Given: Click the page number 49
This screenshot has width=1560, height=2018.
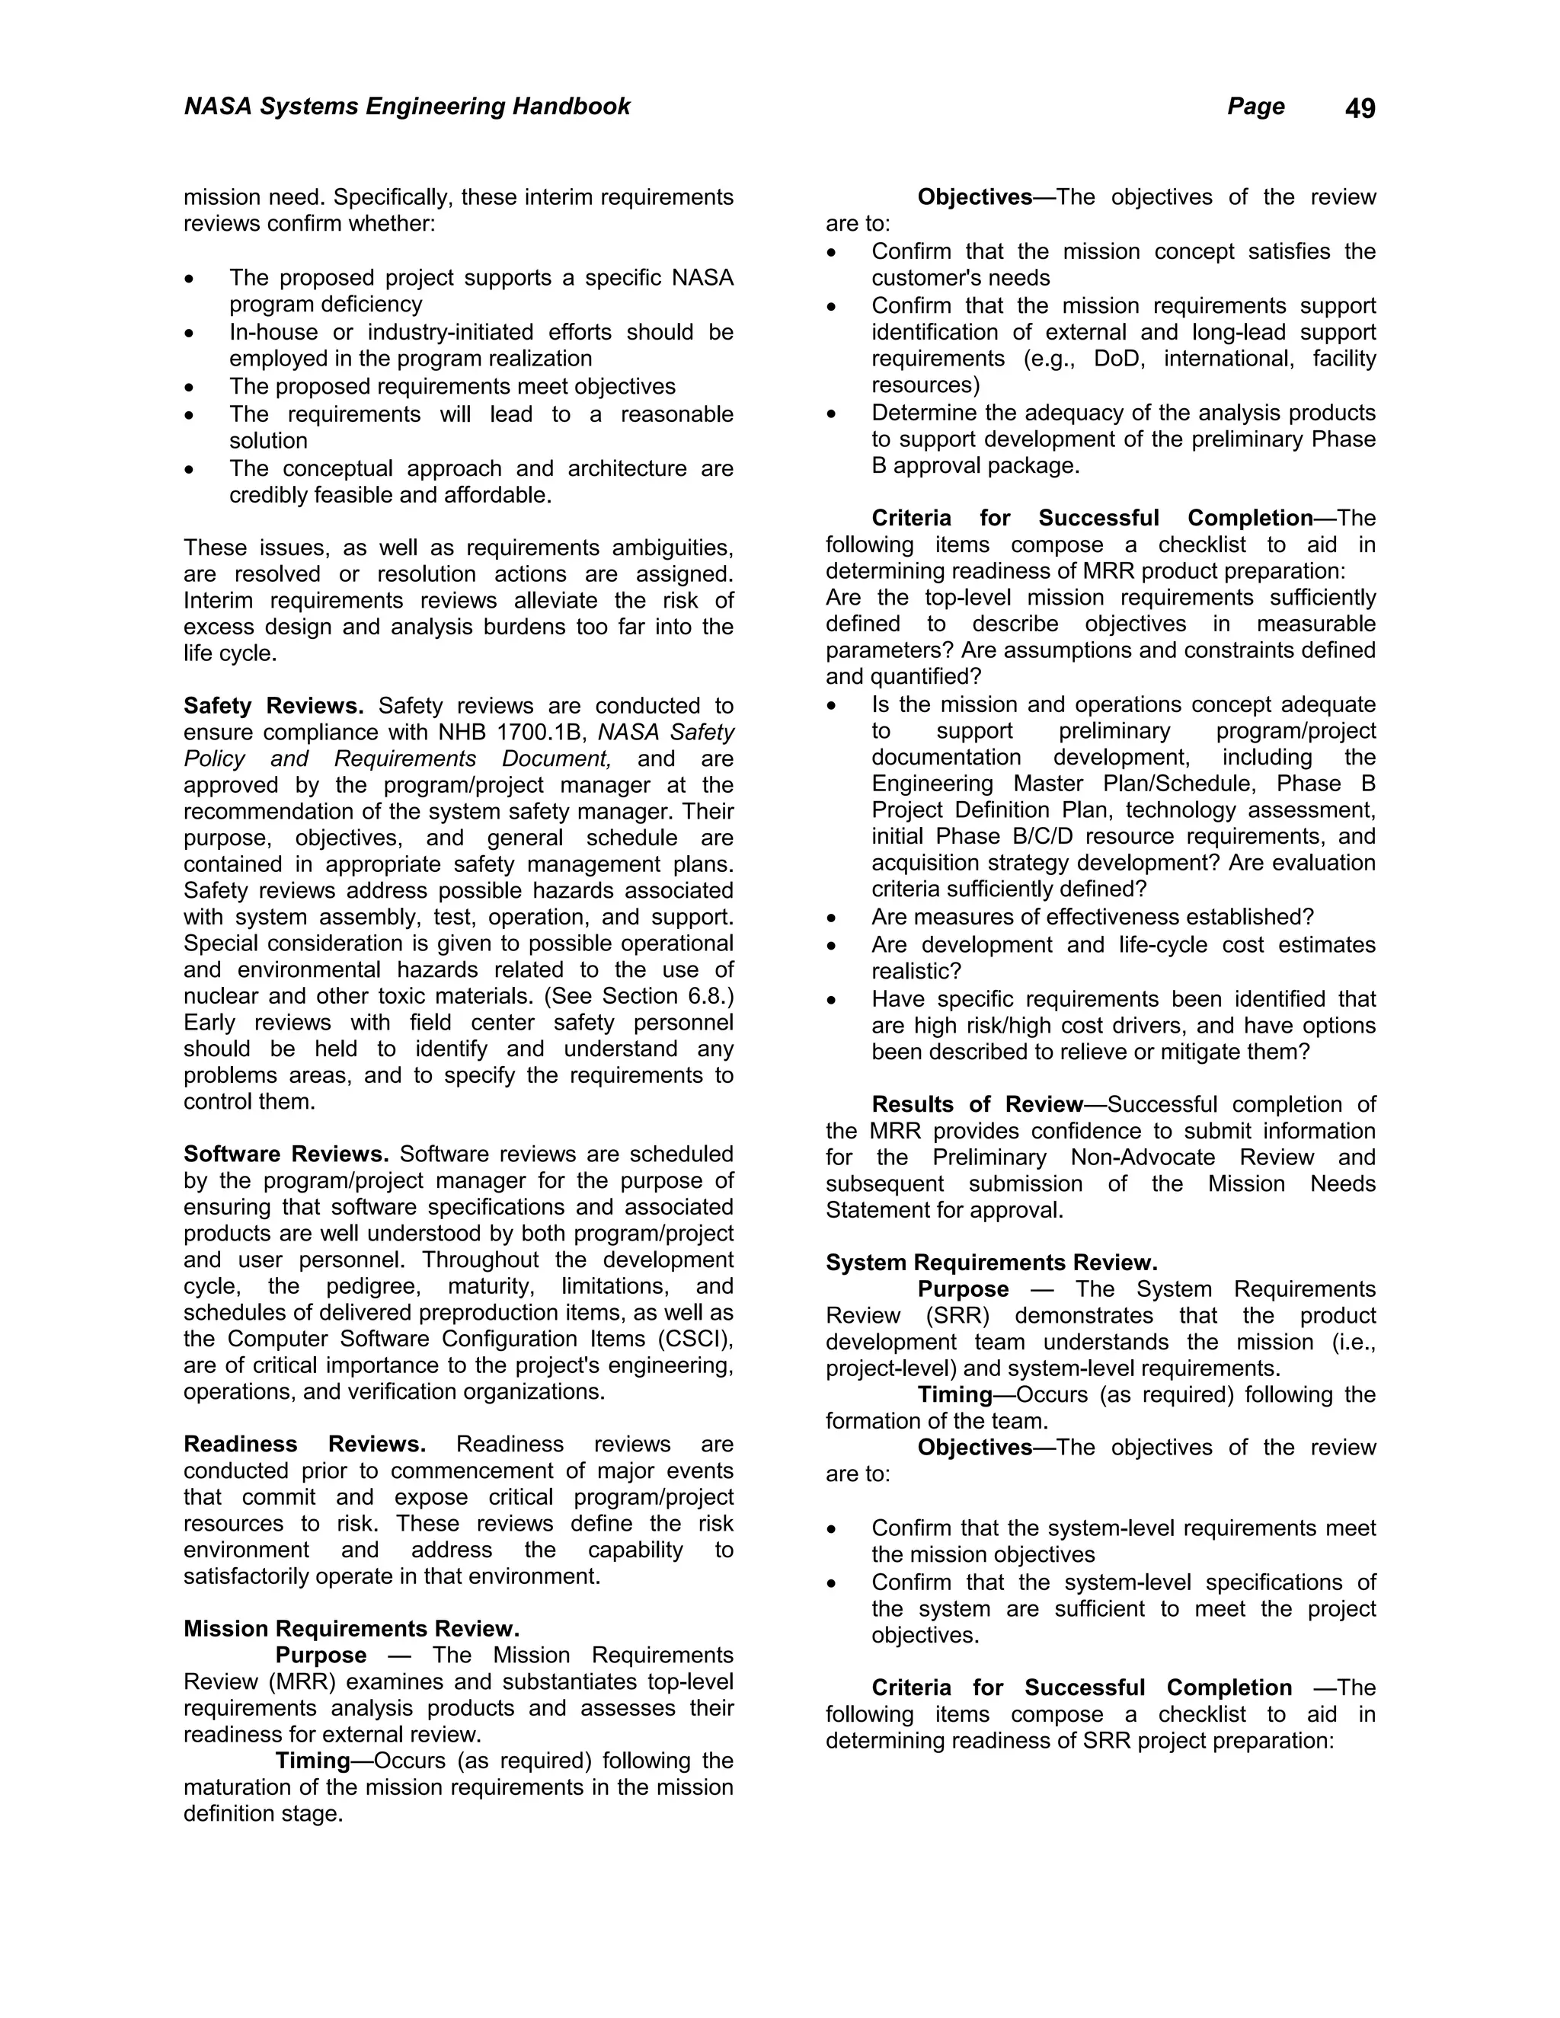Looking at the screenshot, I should coord(1360,109).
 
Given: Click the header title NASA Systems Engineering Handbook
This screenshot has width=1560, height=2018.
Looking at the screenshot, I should coord(407,107).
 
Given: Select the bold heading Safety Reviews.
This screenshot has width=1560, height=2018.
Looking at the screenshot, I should coord(273,706).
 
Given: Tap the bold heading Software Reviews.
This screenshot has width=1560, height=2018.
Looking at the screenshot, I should coord(286,1154).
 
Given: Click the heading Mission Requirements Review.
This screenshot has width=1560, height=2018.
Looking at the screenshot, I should coord(351,1628).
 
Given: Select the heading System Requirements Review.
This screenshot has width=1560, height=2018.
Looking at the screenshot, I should coord(992,1263).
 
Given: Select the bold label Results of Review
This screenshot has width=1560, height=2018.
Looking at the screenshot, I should coord(977,1105).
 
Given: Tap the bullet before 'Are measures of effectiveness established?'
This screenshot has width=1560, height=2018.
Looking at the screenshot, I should coord(832,919).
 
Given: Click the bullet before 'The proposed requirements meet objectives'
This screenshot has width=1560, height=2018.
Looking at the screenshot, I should coord(190,389).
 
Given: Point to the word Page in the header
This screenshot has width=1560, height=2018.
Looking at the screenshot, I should coord(1255,107).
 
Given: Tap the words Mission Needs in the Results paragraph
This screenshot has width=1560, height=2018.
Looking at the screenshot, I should coord(1291,1185).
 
